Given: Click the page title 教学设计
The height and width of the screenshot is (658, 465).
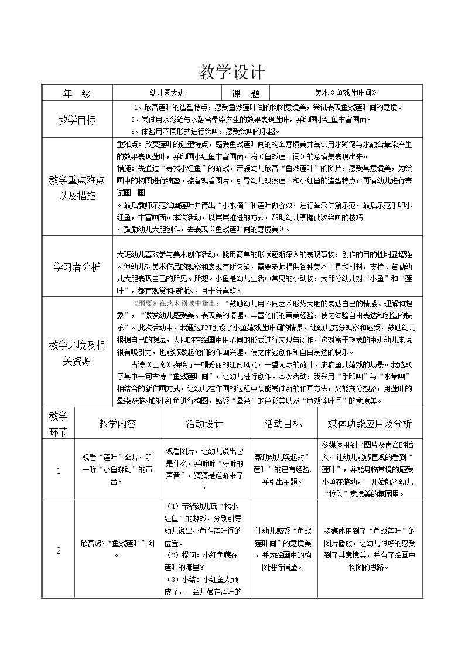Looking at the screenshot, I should (x=232, y=71).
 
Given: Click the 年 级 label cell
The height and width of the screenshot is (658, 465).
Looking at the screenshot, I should (x=77, y=93).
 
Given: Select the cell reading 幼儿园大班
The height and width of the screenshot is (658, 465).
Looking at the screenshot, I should (x=167, y=93).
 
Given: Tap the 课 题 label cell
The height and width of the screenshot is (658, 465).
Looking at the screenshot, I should (x=245, y=93).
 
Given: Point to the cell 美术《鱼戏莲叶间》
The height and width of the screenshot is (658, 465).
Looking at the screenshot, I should (x=345, y=93).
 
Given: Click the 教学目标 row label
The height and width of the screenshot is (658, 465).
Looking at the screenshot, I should (x=77, y=120).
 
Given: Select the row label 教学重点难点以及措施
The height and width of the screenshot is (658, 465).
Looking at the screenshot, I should (x=77, y=187).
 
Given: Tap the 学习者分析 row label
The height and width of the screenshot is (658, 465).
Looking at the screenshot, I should (x=77, y=267).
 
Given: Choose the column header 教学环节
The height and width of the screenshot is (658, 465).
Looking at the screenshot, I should (x=58, y=423).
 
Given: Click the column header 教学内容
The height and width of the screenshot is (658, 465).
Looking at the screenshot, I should (x=117, y=423).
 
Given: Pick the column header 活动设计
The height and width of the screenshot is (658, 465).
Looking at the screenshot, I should (x=205, y=423).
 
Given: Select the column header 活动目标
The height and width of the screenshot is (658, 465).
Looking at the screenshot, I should (x=283, y=423).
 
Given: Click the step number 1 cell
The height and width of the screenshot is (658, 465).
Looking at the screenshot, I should (x=58, y=471).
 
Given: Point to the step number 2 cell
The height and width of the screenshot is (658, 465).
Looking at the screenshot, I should (x=58, y=550).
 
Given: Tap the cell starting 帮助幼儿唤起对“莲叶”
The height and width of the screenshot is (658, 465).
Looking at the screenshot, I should (x=283, y=469).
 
